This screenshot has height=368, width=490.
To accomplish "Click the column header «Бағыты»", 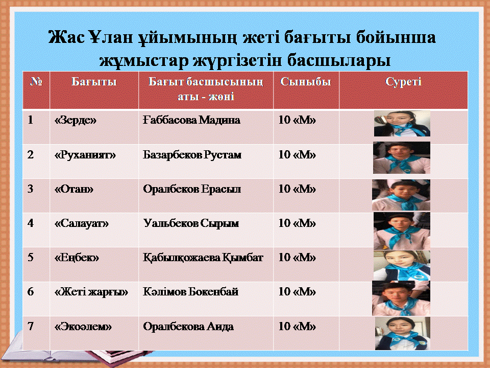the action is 94,82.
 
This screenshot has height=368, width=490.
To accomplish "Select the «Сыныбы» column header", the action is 305,81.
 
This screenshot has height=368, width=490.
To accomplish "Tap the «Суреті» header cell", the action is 403,82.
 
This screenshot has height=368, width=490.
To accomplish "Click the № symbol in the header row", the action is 36,81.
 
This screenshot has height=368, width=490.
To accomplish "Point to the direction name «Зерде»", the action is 76,120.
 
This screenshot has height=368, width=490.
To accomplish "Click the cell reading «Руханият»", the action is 85,155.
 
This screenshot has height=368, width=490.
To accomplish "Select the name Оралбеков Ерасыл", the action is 192,189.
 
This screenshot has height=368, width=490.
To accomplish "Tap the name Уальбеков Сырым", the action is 191,223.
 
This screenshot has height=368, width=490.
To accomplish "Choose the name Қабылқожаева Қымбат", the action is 203,258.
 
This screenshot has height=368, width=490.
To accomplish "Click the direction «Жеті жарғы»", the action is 91,292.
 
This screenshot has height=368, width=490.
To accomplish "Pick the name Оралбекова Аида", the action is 188,327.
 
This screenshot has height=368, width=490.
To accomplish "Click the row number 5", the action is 31,257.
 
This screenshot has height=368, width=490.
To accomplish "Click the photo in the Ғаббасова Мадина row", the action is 402,123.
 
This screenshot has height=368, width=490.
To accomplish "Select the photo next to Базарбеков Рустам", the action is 402,158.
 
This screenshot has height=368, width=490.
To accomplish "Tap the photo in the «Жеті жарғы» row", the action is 401,298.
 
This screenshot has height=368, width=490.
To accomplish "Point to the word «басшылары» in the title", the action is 339,60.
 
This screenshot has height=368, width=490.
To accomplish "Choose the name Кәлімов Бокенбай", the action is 190,292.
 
